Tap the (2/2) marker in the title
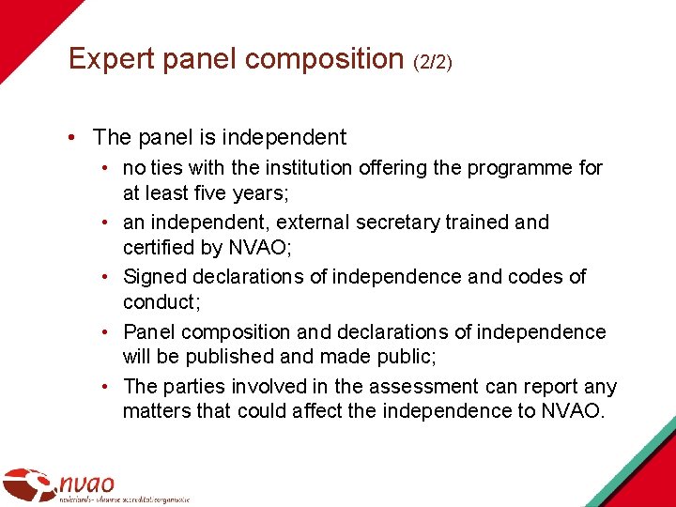coord(432,62)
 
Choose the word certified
coord(160,249)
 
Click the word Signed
coord(155,277)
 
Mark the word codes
coord(536,277)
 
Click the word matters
coord(155,412)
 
